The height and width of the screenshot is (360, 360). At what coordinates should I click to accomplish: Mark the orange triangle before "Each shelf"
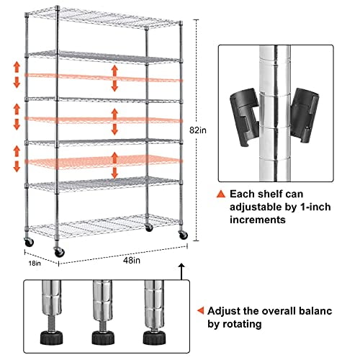point(220,194)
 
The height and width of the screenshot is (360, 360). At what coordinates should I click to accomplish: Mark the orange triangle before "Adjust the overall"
point(199,312)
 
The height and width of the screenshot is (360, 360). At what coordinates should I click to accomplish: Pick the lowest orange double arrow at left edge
point(16,158)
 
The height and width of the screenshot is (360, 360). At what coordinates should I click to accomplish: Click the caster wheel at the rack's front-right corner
point(182,235)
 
